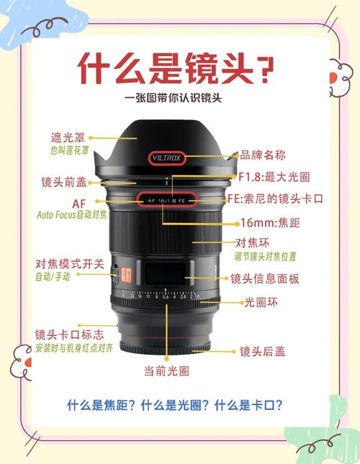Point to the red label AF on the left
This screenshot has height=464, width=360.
click(x=78, y=204)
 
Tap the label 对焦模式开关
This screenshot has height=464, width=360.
click(x=70, y=264)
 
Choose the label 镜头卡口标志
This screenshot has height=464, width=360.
click(x=69, y=335)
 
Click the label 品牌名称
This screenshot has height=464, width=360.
click(x=263, y=155)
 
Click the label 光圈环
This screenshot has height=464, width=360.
click(x=260, y=302)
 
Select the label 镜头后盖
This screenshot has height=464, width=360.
click(x=262, y=351)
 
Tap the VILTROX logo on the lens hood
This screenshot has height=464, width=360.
click(x=167, y=156)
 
